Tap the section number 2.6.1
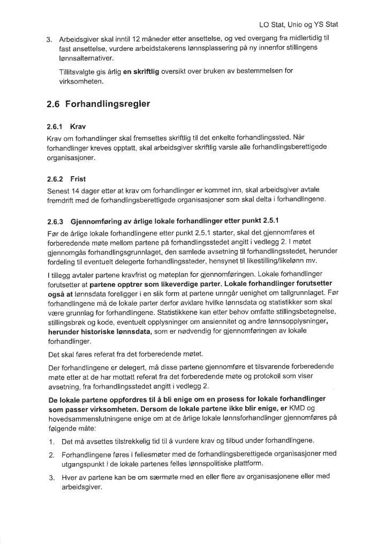pos(55,128)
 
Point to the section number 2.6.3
pos(55,221)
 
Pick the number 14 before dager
pos(75,191)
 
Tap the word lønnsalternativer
pos(87,58)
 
